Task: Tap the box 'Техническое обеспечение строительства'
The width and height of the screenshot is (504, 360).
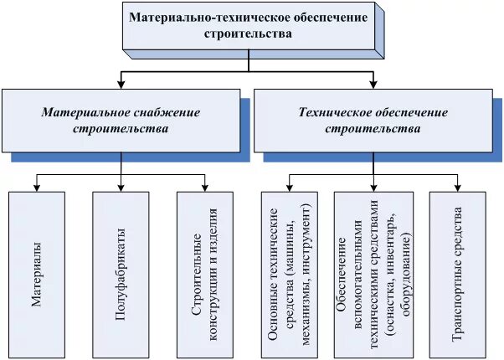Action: coord(373,121)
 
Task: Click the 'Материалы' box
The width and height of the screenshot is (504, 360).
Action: coord(39,275)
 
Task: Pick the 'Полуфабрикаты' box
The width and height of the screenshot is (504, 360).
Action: coord(122,275)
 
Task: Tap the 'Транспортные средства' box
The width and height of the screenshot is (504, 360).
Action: coord(457,275)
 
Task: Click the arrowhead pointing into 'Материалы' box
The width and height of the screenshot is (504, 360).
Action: coord(39,188)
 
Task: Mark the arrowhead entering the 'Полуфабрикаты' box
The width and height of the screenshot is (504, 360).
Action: coord(122,188)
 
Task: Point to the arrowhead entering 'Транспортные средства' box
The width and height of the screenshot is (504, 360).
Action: coord(457,188)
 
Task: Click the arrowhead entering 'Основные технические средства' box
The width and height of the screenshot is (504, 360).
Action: coord(290,188)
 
